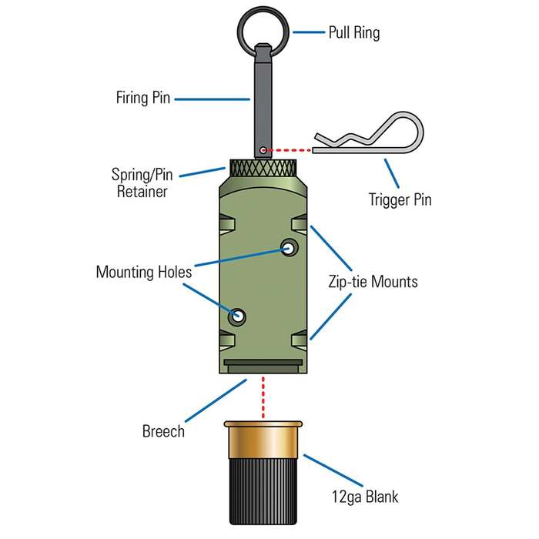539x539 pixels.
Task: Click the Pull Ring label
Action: (x=354, y=33)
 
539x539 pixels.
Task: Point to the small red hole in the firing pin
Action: (x=263, y=149)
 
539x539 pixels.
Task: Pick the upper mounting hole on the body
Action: (x=290, y=247)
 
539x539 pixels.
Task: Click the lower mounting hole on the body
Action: (x=237, y=316)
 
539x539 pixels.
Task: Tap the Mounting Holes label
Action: (x=143, y=272)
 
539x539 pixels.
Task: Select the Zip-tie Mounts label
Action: (x=372, y=282)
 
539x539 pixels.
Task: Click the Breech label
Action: (x=163, y=430)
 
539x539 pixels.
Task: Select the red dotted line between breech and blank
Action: (x=263, y=397)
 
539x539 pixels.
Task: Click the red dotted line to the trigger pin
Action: (x=289, y=149)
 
